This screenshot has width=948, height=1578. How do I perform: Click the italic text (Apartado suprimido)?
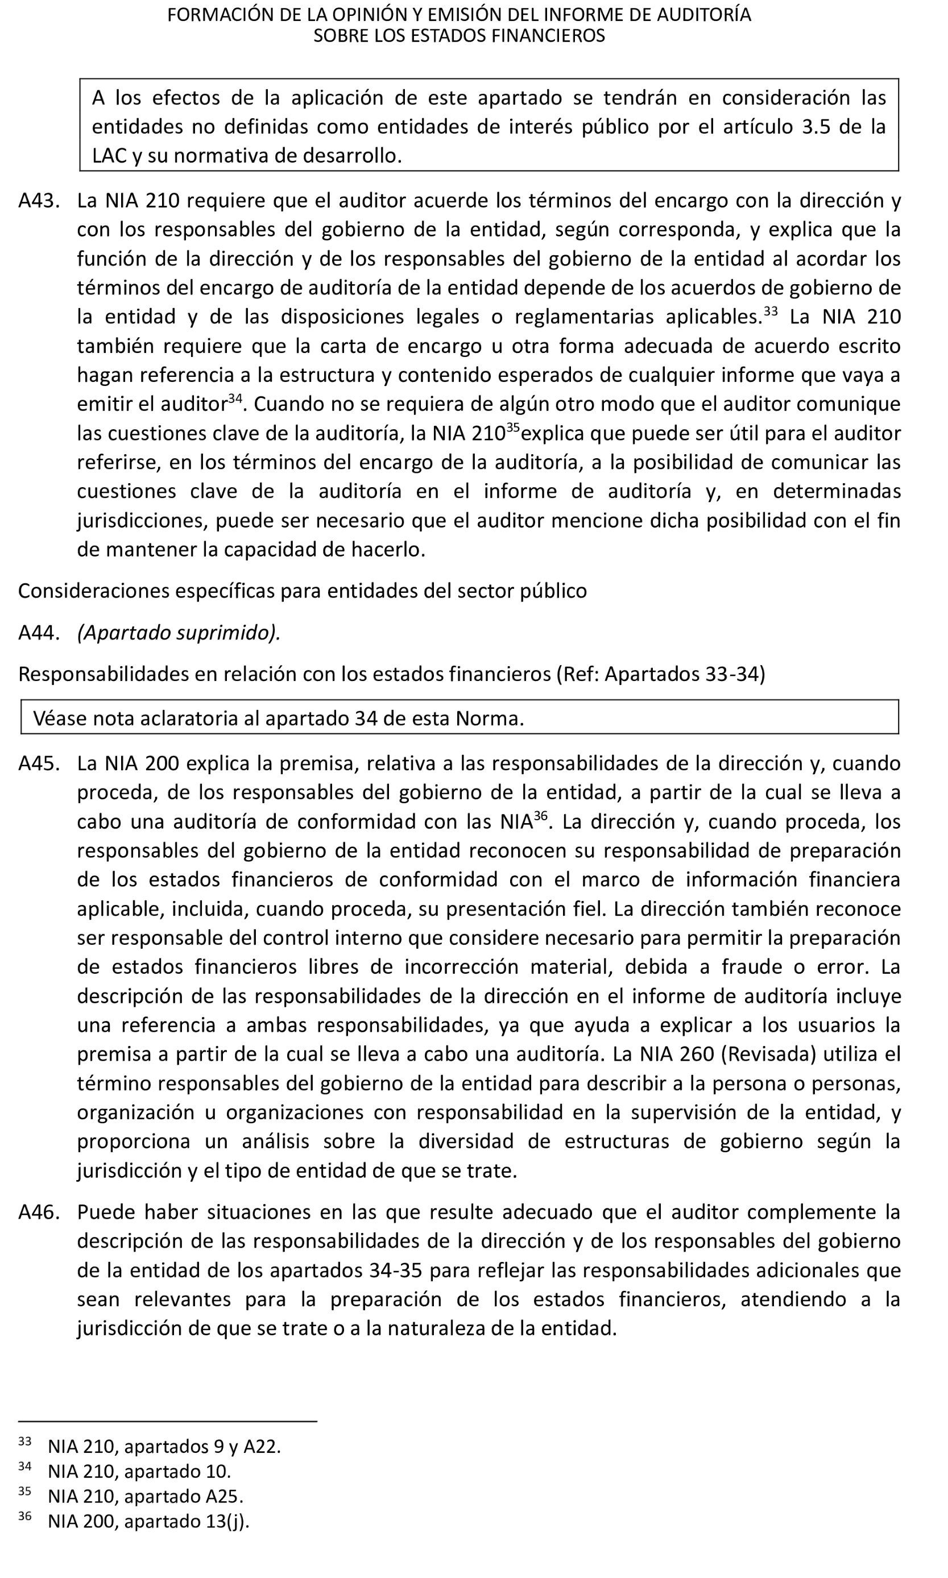[x=179, y=633]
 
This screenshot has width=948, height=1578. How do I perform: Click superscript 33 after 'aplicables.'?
[x=771, y=312]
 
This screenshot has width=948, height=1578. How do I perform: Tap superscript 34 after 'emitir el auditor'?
[x=235, y=398]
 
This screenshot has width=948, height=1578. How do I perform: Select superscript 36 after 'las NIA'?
[x=540, y=816]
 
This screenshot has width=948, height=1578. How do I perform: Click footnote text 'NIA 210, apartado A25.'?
[x=146, y=1496]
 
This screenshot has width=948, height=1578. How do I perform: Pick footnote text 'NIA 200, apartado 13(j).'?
[x=148, y=1521]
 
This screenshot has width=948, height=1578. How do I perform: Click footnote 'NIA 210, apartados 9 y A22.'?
[x=164, y=1447]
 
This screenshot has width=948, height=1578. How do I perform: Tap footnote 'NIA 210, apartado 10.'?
[x=139, y=1471]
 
